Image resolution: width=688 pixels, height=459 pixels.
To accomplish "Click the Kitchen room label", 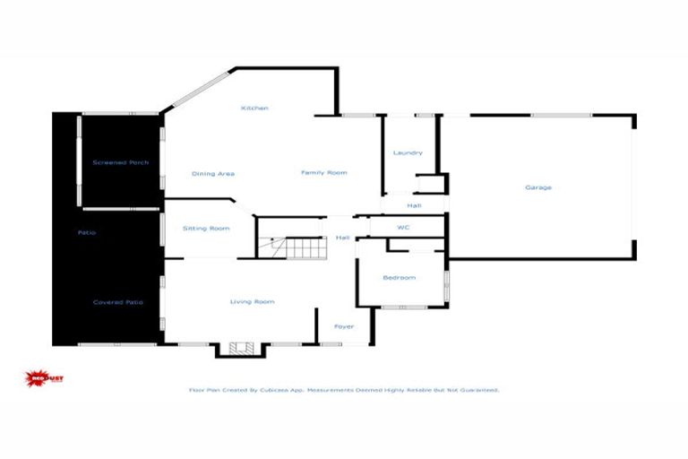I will [x=254, y=108].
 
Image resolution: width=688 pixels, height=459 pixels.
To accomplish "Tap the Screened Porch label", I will [x=121, y=162].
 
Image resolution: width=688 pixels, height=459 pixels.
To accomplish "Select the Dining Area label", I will [x=213, y=173].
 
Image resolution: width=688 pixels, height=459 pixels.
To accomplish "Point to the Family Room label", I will [x=323, y=172].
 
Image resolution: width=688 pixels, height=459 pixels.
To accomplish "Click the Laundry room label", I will [x=408, y=153].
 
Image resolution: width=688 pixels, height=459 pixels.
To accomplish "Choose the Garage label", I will [x=538, y=187].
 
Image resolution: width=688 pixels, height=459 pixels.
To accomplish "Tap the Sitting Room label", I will [x=207, y=229].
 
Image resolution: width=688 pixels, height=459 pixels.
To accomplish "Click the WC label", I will [x=403, y=228].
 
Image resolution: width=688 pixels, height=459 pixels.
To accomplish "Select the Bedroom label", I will [x=400, y=278].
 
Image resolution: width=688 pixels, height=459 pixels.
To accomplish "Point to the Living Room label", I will [x=252, y=302].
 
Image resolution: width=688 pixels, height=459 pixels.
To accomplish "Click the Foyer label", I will [x=344, y=326].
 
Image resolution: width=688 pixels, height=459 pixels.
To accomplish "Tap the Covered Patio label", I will [x=118, y=302].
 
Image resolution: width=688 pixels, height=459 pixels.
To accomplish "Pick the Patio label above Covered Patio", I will [x=86, y=233].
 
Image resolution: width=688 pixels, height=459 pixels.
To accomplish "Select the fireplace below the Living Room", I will [x=238, y=349].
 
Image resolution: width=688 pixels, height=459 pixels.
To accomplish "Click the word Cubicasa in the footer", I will [x=288, y=390].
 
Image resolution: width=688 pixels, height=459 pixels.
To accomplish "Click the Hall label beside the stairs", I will [x=342, y=238].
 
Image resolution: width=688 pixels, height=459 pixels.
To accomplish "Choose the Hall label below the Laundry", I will [x=414, y=206].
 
